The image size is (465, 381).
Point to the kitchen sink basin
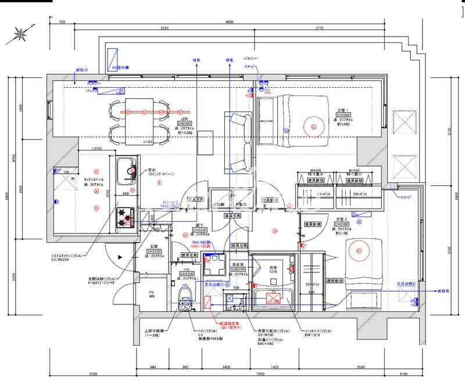tap(126, 169)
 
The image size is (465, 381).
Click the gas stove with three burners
tap(126, 217)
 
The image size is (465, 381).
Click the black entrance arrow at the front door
tap(120, 256)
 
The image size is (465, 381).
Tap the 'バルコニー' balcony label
tap(251, 59)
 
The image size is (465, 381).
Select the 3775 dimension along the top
tap(319, 28)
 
